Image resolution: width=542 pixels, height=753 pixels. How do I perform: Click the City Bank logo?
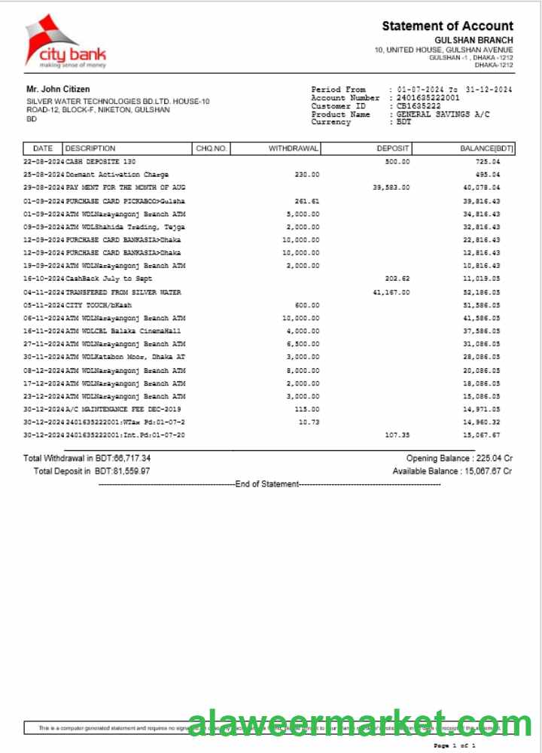tap(65, 41)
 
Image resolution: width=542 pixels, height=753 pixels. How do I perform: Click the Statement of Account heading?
tap(447, 26)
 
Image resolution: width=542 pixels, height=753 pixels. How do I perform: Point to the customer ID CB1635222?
tap(419, 106)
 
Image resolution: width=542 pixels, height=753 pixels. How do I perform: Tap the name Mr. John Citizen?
tap(58, 90)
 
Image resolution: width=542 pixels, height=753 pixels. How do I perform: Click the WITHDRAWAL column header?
tap(294, 148)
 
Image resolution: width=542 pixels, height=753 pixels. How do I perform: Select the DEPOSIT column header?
tap(393, 148)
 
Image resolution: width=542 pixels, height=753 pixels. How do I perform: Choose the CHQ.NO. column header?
tap(212, 148)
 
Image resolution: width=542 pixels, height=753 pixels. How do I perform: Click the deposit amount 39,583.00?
tap(391, 187)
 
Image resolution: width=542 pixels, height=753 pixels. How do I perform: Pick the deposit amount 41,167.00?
tap(391, 292)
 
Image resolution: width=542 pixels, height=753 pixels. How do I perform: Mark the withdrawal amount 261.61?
tap(306, 201)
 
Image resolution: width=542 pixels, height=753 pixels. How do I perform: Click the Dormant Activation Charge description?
tap(117, 175)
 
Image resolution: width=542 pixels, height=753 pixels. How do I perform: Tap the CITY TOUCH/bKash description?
tap(96, 305)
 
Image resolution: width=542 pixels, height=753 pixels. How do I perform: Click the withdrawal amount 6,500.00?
tap(303, 344)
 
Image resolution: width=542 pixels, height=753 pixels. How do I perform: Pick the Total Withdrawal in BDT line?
tap(87, 458)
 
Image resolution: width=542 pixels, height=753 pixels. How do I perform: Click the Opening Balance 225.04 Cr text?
tap(459, 458)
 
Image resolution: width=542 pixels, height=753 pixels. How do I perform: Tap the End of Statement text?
tap(267, 484)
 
